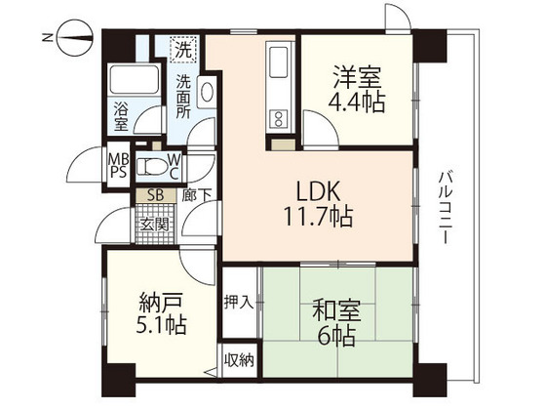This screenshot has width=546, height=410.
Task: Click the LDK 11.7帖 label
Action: [x=318, y=204]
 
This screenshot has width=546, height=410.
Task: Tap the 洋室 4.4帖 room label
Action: [x=357, y=89]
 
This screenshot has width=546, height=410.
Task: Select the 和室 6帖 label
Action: [x=336, y=322]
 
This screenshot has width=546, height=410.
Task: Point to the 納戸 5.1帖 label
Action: [x=161, y=313]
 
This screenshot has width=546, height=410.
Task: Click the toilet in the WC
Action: [x=151, y=167]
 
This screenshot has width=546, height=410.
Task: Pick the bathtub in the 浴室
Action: [x=135, y=79]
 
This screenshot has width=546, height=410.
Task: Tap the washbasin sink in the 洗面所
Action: [x=207, y=92]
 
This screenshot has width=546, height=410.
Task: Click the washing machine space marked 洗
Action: [x=183, y=49]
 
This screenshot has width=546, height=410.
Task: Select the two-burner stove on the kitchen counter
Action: [x=279, y=119]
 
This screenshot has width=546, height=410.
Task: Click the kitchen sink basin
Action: [x=279, y=63]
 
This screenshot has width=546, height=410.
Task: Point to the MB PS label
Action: [x=118, y=166]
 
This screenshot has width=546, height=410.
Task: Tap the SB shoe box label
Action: [x=156, y=195]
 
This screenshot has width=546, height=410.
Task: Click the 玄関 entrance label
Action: [x=154, y=225]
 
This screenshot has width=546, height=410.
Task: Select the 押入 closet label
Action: [x=239, y=302]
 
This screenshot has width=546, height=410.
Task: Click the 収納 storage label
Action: [x=239, y=360]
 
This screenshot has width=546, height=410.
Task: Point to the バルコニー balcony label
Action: [x=445, y=207]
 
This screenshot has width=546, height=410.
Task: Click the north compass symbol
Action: [x=74, y=38]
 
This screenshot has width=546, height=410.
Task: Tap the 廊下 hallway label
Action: [x=196, y=195]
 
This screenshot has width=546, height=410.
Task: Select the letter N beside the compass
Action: [x=47, y=38]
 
